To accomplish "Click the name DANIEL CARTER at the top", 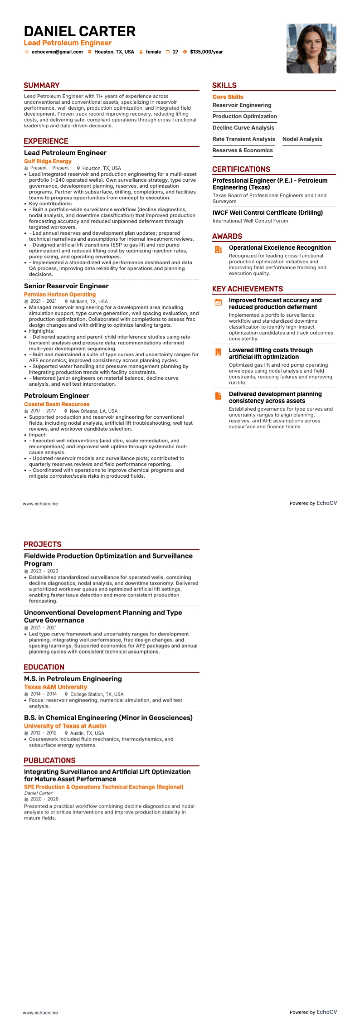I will coord(80,31).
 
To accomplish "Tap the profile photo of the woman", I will coord(311,48).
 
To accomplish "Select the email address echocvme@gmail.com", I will coord(57,52).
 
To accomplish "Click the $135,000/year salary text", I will coord(206,52).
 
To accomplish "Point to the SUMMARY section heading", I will coord(42,85).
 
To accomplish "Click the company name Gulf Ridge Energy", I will coord(48,161).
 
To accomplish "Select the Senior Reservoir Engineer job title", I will coord(66,286).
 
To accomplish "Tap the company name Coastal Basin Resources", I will coord(57,404).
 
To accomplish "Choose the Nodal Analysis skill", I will coord(302,139).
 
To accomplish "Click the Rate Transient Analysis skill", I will coord(243,139).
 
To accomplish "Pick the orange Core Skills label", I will coord(228,97).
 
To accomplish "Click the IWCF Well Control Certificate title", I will coord(268,213).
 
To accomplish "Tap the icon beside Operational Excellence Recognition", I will coord(218,249).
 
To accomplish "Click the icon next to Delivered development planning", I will coord(218,396).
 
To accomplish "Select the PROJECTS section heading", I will coord(43,544).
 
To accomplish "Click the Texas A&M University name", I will coord(55,687).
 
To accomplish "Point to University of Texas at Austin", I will coord(65,726).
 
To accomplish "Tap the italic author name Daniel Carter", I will coord(38,793).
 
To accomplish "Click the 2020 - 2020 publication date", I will coord(44,799).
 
